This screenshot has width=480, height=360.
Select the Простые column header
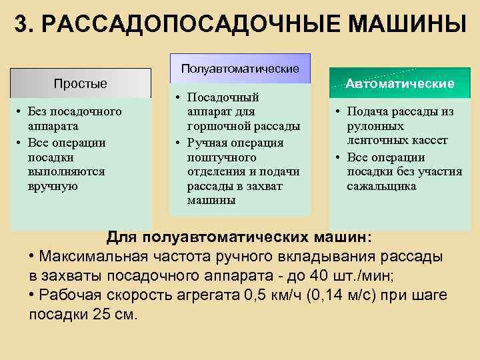click(x=80, y=83)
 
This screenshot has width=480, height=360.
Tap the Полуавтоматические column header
click(x=240, y=69)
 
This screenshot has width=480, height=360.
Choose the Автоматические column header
click(x=400, y=84)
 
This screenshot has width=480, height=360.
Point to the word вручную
click(x=53, y=186)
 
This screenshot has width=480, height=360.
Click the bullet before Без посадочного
click(x=21, y=111)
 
